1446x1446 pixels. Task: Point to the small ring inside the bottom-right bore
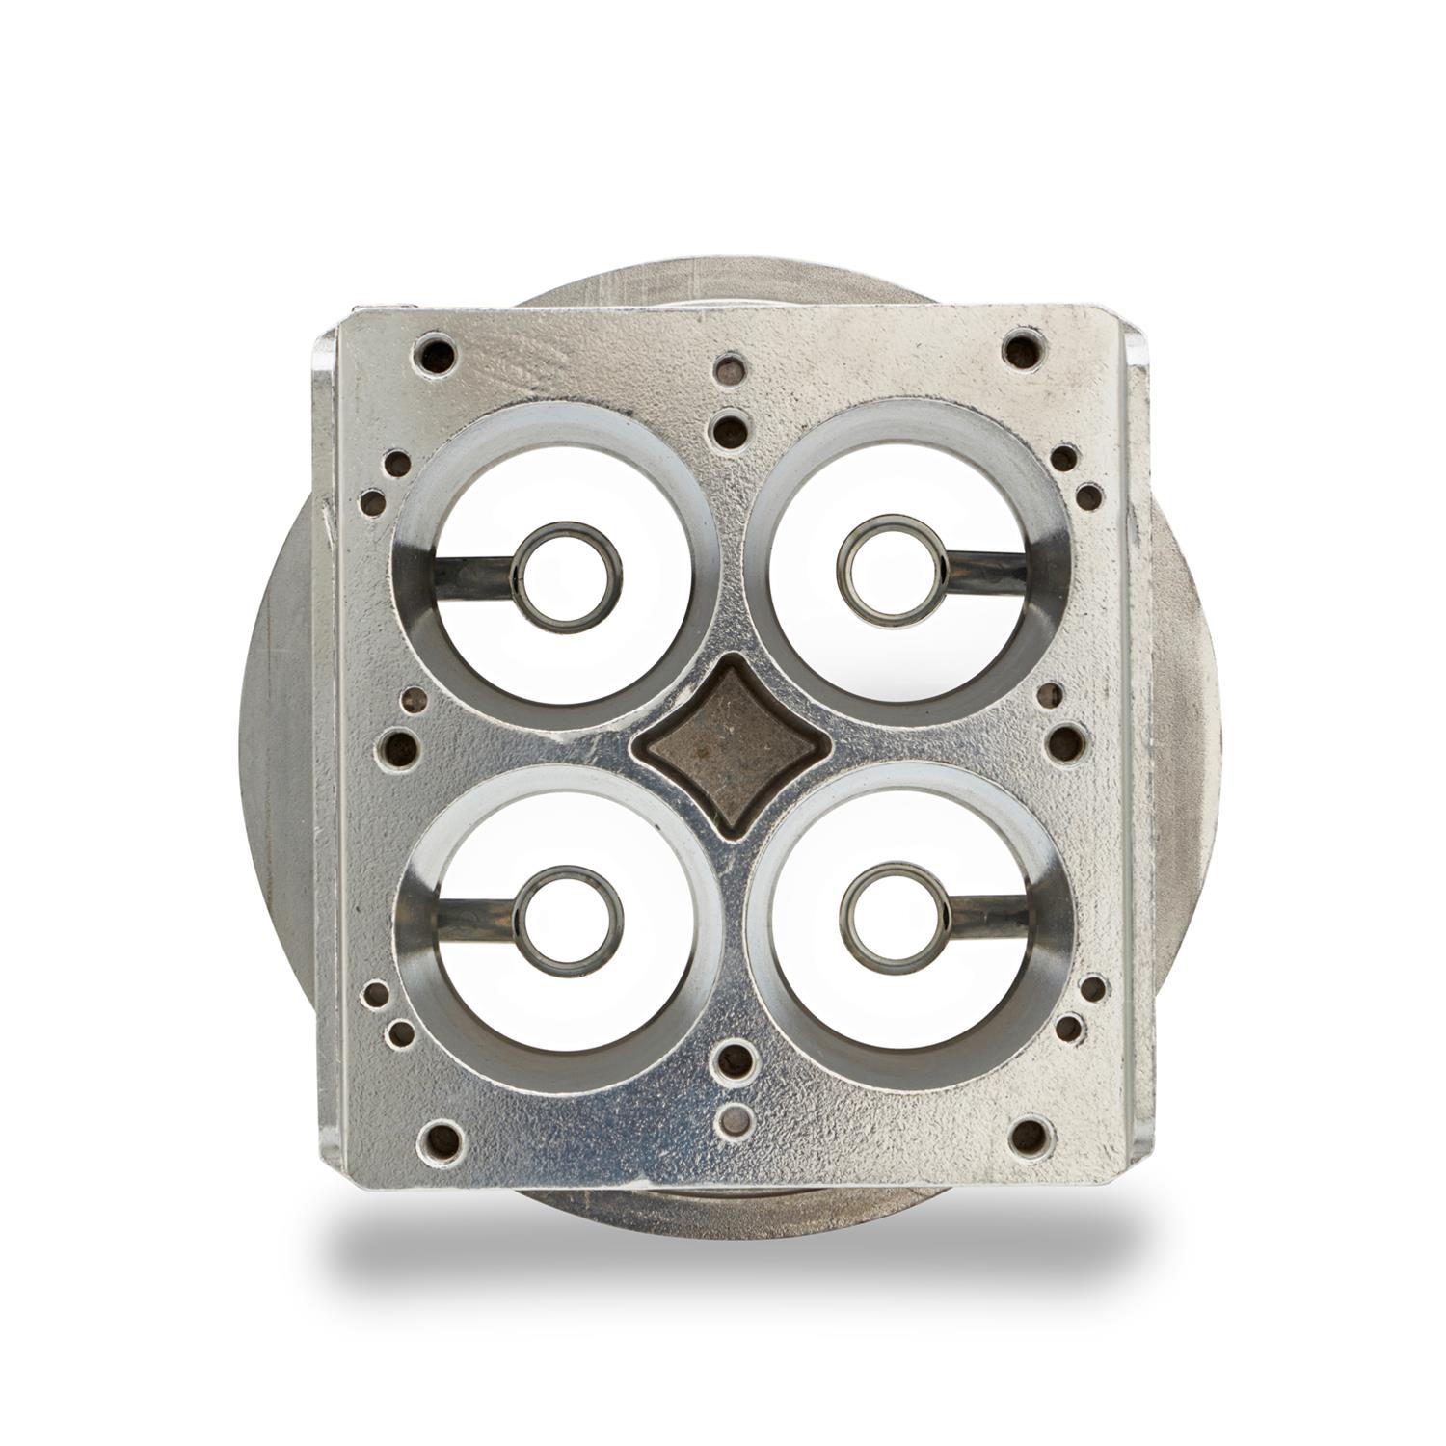(895, 917)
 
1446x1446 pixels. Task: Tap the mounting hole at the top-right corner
(1023, 349)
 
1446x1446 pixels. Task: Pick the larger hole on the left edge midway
(397, 745)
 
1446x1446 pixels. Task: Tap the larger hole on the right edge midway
(1066, 743)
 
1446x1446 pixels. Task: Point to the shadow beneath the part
(733, 1253)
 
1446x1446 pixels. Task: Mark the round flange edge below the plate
(733, 1205)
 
